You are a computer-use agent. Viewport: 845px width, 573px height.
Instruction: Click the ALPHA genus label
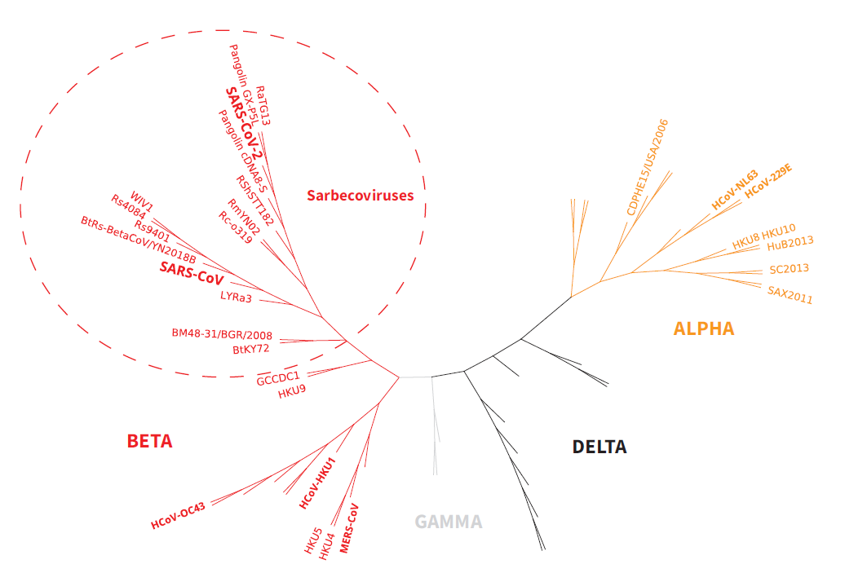(703, 328)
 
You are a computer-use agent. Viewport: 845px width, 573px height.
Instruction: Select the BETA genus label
(150, 441)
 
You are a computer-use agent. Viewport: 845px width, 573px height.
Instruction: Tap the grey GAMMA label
(448, 522)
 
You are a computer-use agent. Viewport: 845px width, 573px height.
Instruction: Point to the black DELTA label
(599, 447)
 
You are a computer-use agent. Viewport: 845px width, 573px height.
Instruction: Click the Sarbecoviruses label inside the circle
(360, 196)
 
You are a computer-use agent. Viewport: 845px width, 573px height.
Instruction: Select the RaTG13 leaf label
(263, 106)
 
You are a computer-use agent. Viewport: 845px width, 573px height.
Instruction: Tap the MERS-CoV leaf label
(349, 528)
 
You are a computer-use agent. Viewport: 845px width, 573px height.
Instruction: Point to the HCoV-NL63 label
(735, 190)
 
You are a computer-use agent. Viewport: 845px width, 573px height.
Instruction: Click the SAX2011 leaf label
(790, 294)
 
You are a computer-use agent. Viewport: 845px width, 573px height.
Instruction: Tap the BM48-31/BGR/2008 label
(222, 334)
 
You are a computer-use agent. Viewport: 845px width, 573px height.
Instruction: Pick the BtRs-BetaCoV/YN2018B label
(139, 240)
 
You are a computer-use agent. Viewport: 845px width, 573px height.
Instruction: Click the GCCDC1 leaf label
(278, 378)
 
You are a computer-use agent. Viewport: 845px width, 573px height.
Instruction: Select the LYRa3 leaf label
(236, 297)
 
